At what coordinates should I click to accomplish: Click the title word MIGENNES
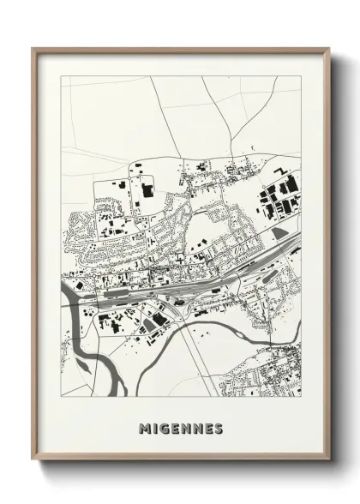pyautogui.click(x=180, y=428)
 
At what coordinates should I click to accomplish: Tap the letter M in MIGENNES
pyautogui.click(x=143, y=428)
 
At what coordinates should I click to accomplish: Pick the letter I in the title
pyautogui.click(x=153, y=428)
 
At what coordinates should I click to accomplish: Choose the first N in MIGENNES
pyautogui.click(x=189, y=428)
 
